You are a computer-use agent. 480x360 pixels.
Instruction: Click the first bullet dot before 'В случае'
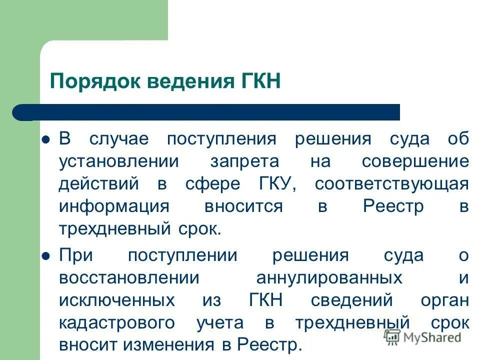[x=46, y=139]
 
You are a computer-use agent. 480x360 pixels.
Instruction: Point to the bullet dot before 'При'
[x=46, y=255]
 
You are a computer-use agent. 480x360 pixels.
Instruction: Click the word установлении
[x=118, y=161]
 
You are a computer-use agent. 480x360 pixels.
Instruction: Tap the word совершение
[x=415, y=161]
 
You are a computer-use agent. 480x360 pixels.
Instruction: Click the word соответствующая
[x=391, y=184]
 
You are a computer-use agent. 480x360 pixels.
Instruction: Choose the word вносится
[x=243, y=206]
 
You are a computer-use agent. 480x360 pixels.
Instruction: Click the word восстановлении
[x=129, y=278]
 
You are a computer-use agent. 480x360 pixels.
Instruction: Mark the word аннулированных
[x=329, y=278]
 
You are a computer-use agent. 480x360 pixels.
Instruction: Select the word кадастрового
[x=117, y=323]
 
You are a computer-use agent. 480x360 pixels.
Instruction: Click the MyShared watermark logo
[x=423, y=337]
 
